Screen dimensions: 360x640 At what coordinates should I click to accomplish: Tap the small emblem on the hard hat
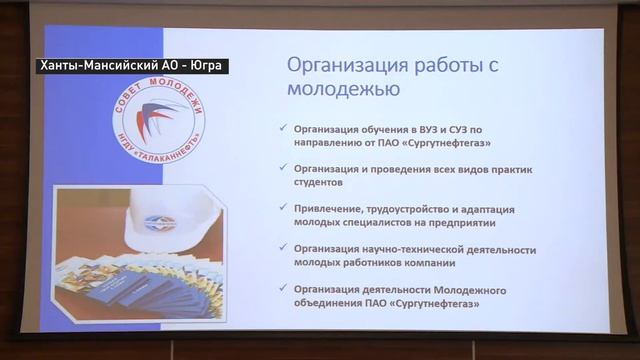(159, 222)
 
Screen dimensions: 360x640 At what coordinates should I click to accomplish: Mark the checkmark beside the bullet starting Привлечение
(284, 207)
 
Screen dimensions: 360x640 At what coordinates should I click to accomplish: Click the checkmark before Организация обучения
(284, 129)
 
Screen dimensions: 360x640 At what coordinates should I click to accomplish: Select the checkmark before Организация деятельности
(284, 289)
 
